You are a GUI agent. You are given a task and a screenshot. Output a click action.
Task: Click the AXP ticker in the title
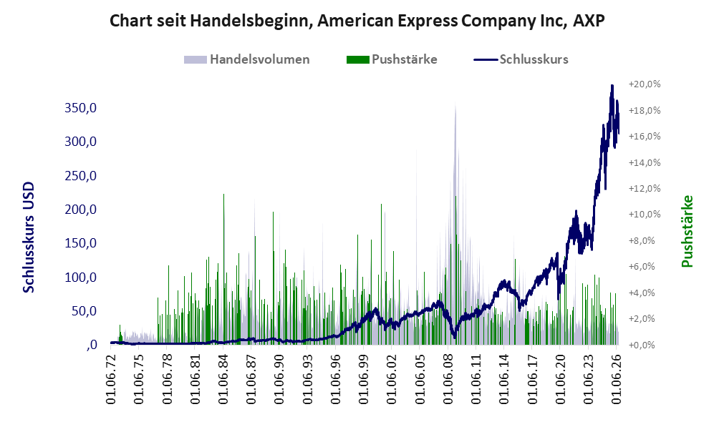[589, 21]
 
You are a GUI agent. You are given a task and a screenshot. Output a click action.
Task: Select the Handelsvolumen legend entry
[247, 59]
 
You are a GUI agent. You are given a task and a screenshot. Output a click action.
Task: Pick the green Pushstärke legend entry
[392, 59]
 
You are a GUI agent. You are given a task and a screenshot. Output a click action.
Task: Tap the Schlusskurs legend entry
[521, 59]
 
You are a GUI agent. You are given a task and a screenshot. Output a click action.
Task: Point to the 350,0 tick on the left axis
[81, 108]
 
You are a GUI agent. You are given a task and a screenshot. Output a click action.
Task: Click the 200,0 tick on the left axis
[81, 210]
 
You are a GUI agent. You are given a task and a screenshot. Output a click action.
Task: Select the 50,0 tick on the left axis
[85, 311]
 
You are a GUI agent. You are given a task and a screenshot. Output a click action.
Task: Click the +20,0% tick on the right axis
[645, 84]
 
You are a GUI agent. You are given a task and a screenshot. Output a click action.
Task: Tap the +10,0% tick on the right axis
[645, 214]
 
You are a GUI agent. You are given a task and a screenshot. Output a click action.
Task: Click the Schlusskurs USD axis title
[29, 237]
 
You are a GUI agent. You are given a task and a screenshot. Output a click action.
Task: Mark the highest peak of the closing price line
[612, 86]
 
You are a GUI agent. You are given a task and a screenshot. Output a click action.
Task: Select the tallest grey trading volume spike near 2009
[455, 104]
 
